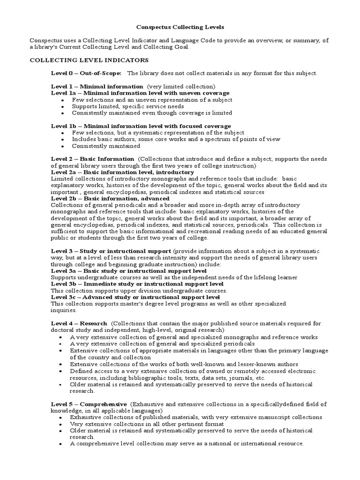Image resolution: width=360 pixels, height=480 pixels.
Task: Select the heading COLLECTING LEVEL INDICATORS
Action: [x=89, y=60]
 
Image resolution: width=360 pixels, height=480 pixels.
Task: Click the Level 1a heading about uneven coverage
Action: [x=140, y=93]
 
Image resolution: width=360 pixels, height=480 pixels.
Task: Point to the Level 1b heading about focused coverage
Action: [x=141, y=126]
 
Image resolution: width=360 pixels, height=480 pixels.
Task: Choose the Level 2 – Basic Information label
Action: [x=92, y=159]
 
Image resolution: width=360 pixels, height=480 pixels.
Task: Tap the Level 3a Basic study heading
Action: [x=128, y=271]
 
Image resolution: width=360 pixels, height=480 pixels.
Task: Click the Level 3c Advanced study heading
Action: [x=135, y=297]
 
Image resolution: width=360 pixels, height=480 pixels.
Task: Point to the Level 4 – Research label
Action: [x=79, y=323]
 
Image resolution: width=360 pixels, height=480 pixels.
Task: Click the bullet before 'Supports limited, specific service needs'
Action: [x=62, y=107]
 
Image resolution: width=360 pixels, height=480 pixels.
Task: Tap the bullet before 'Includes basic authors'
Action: [x=62, y=140]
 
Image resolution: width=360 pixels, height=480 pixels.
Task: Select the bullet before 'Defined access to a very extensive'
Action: [x=62, y=371]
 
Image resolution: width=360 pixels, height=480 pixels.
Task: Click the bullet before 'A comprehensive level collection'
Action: [x=62, y=444]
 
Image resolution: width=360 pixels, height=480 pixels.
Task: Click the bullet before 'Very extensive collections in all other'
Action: [x=62, y=424]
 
